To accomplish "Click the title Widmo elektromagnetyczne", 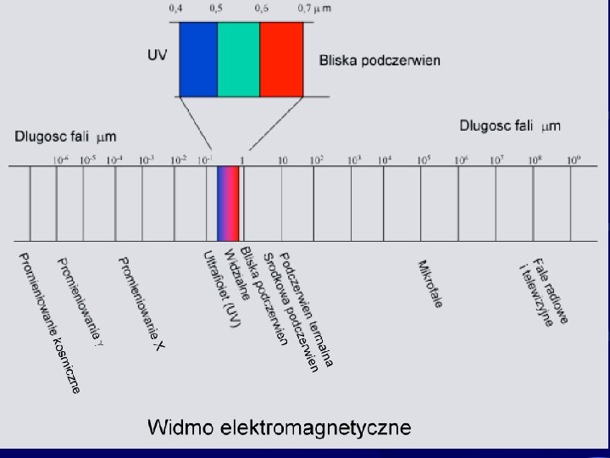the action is (280, 427).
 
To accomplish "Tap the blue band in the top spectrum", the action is (198, 59).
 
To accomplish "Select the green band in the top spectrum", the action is (239, 59).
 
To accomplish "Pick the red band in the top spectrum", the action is (282, 59).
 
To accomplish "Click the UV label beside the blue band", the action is (158, 55).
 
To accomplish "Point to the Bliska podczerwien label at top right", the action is (380, 60).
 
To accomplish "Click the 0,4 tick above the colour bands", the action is (175, 8).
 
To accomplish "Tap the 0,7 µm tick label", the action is (315, 8).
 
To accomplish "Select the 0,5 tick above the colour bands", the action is (217, 8).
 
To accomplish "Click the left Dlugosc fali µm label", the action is (65, 136).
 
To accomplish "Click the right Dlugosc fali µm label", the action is (510, 126).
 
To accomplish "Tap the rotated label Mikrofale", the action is (430, 283).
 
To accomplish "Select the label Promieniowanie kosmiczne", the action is (50, 323).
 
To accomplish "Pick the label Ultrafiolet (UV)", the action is (216, 289).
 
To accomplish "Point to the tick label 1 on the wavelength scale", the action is (242, 159).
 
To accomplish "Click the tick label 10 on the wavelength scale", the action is (282, 159).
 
